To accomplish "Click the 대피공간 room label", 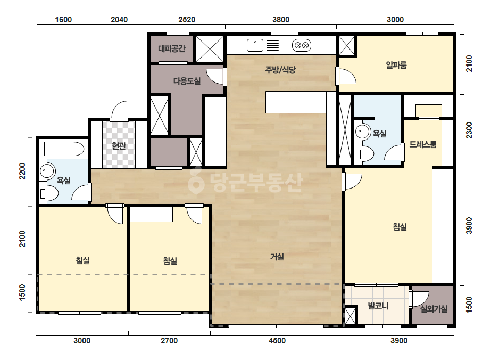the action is tap(172, 48).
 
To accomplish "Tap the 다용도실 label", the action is tap(187, 81).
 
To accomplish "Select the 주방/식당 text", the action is tap(280, 69).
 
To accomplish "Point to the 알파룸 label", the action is tap(396, 65).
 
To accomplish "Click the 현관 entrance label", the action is tap(119, 145).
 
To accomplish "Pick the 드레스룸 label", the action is tap(423, 144).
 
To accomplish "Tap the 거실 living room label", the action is tap(277, 257).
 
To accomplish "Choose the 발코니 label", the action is tap(378, 306).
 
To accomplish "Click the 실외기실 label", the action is tap(434, 309).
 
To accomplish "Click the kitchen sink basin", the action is tap(255, 45).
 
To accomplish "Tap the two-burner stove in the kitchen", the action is tap(302, 45).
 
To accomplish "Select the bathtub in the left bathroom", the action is tap(64, 149).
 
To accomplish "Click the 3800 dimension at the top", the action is tap(281, 20).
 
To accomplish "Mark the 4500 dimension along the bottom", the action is tap(277, 340).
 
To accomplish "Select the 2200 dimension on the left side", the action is tap(22, 171).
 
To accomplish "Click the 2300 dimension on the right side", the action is tap(469, 130).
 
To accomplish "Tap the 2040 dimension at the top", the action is tap(119, 20).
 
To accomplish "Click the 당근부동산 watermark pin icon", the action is tap(196, 181).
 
